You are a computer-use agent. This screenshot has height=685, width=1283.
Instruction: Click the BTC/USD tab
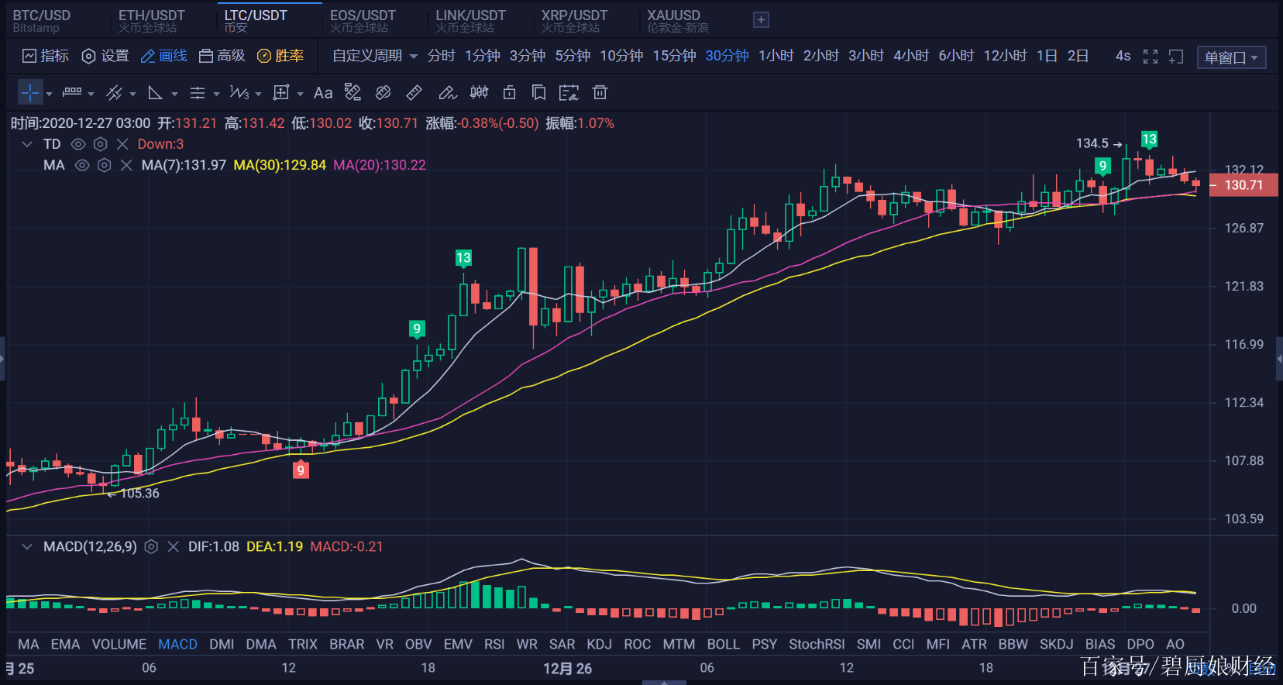[42, 20]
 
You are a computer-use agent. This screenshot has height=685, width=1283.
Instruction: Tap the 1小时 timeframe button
[776, 56]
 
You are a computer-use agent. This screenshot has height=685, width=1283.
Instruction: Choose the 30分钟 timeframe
[727, 56]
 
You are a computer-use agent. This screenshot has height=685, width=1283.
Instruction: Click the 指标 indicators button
[46, 56]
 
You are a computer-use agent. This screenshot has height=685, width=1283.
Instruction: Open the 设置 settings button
[105, 56]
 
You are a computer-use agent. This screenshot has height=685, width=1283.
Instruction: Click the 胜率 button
[280, 56]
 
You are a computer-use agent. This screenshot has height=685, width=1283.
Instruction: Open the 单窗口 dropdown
[1230, 57]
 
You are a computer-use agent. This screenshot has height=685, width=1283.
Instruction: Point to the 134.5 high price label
[1092, 143]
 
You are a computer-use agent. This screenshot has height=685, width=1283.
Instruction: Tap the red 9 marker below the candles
[301, 470]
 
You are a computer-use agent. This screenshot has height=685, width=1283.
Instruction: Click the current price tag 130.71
[1243, 185]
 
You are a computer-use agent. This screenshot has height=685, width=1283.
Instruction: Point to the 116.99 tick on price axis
[1243, 344]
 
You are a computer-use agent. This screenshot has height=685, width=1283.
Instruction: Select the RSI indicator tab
[494, 644]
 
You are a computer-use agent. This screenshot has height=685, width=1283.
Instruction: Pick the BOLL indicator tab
[723, 644]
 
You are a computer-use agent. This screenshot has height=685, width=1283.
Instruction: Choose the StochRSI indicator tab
[817, 644]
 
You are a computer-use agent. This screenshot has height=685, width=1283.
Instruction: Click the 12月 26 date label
[567, 668]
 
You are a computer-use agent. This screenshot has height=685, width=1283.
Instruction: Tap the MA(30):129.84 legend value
[280, 165]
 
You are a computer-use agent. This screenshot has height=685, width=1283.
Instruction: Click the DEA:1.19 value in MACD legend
[274, 546]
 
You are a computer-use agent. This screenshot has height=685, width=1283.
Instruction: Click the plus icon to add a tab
[761, 20]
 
